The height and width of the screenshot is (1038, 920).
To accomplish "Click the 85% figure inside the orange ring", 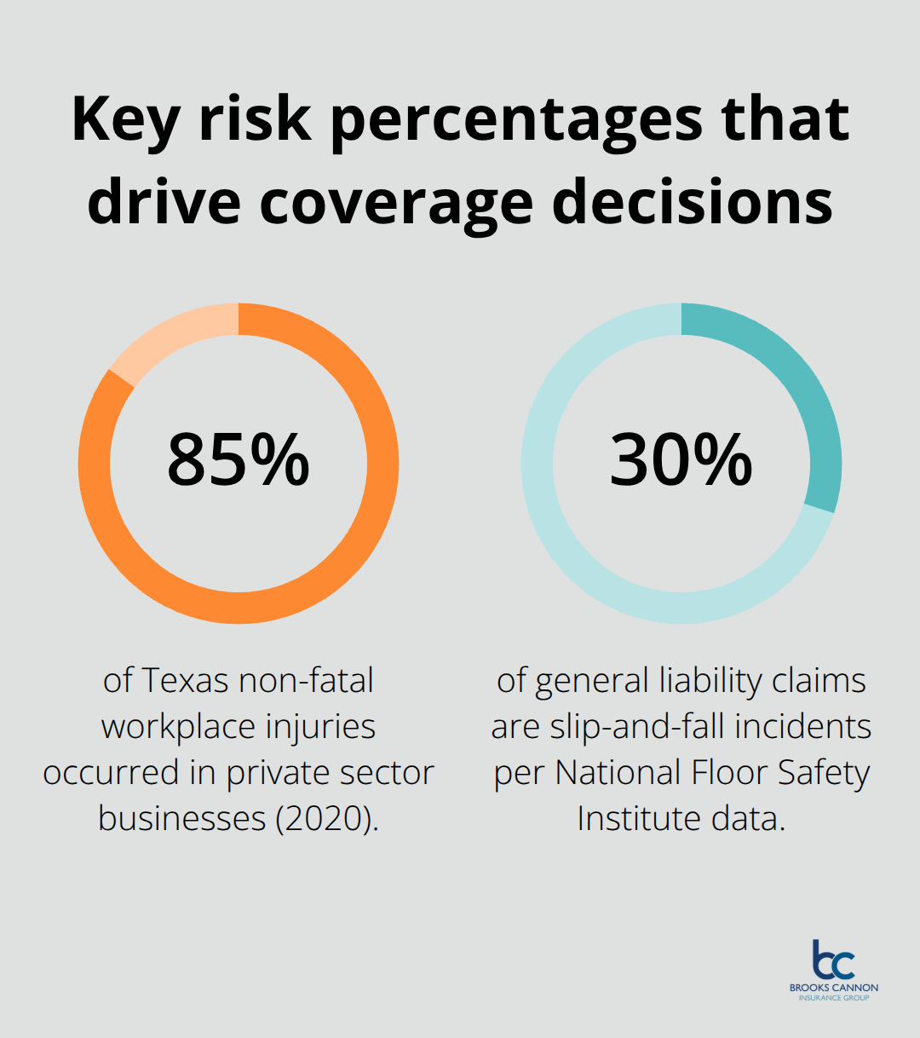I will click(238, 460).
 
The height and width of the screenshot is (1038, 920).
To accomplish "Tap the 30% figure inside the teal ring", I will click(681, 460).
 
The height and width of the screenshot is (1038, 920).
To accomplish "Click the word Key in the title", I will click(125, 120).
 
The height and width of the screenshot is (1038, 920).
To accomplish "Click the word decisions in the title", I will click(693, 203).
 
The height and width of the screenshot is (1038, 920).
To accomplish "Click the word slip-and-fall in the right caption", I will click(638, 727).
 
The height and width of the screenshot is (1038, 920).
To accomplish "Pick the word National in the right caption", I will click(618, 772).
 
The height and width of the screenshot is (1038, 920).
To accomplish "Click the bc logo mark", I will click(832, 960).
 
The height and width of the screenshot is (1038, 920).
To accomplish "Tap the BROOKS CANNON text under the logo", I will click(833, 988).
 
